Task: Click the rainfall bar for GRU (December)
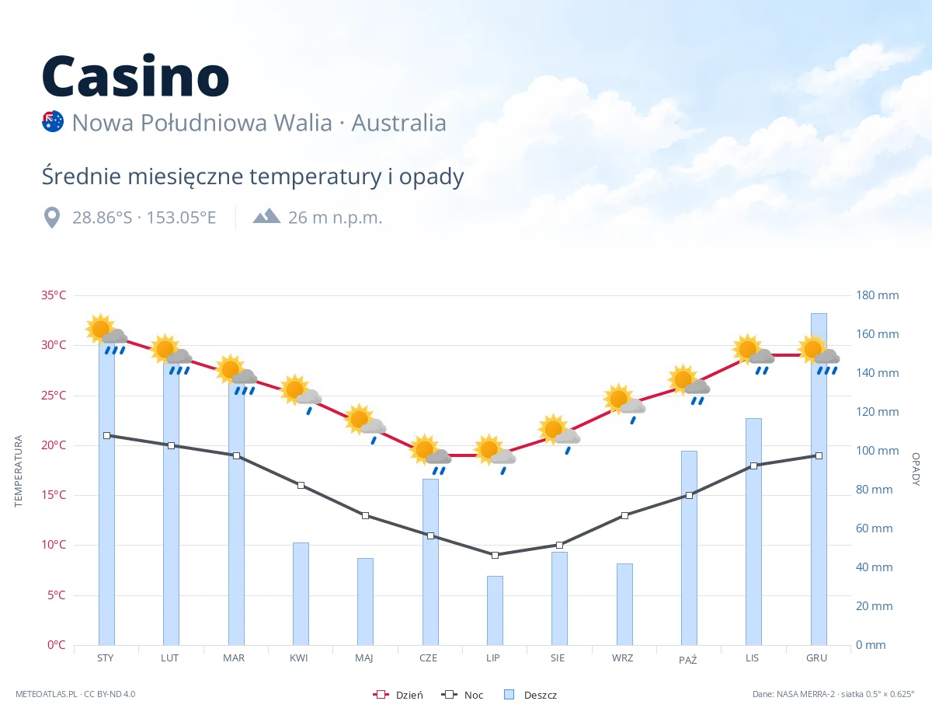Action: (819, 479)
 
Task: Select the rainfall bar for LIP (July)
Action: (495, 610)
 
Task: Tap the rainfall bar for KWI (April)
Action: (301, 594)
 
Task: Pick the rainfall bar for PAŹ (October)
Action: (689, 548)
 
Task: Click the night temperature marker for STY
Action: (107, 436)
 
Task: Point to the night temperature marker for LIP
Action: (495, 555)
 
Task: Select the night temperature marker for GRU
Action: (819, 455)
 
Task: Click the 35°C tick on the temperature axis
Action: (54, 295)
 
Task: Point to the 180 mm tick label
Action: (877, 295)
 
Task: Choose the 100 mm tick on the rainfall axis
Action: (877, 451)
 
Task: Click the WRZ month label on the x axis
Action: (622, 658)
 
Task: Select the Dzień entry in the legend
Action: (398, 695)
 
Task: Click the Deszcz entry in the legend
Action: (530, 695)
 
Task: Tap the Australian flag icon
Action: (53, 121)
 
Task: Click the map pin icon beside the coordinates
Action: (52, 218)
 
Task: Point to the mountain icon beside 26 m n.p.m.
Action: (266, 216)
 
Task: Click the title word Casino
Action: (136, 76)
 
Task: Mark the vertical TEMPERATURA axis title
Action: (18, 471)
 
